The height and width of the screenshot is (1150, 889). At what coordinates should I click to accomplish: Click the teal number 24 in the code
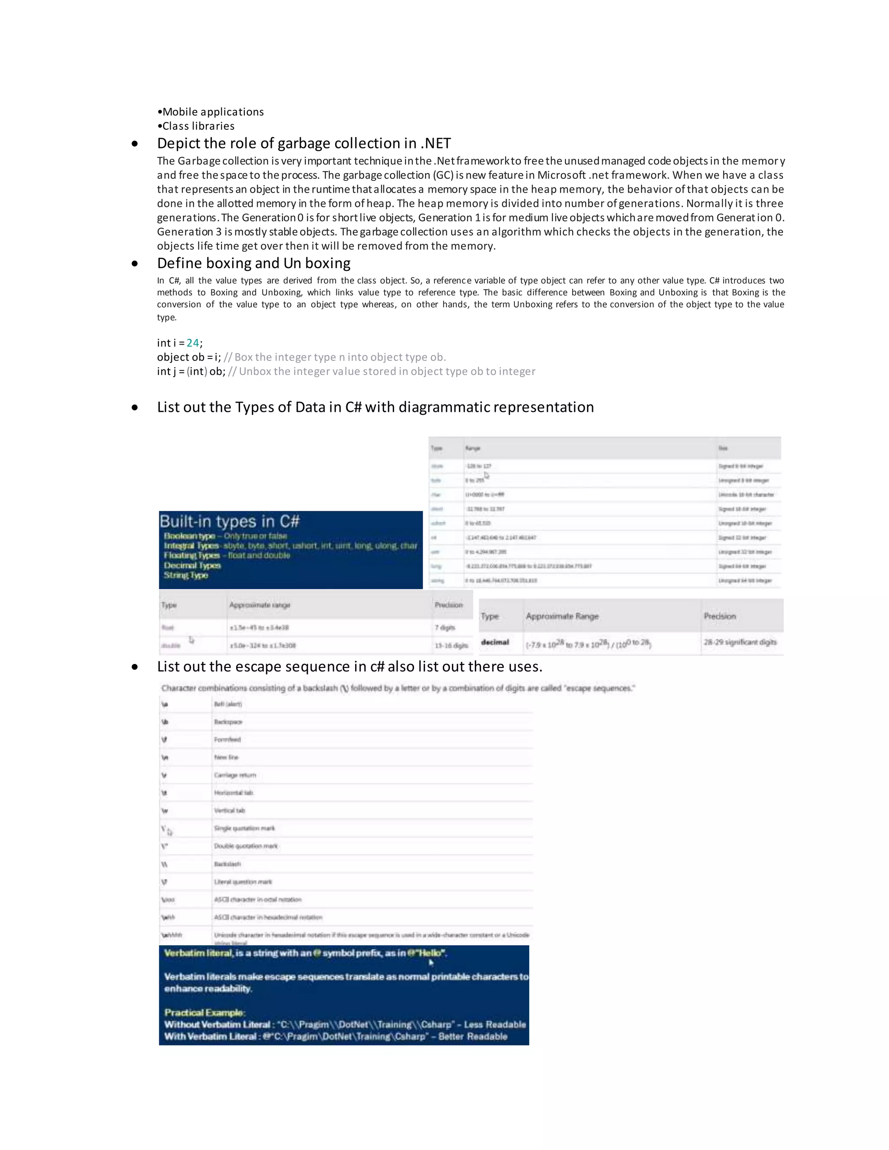pos(192,343)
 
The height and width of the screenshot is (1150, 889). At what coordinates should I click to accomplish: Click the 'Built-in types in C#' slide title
pos(230,521)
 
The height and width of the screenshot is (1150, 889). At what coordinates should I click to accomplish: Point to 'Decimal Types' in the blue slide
pos(192,565)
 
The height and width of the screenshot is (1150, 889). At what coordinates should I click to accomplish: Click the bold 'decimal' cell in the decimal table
pos(495,642)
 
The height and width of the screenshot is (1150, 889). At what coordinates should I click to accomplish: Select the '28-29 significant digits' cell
pos(740,642)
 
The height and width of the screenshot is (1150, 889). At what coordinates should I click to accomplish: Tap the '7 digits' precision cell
pos(445,628)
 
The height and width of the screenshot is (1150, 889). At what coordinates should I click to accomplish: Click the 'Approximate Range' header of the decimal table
pos(562,616)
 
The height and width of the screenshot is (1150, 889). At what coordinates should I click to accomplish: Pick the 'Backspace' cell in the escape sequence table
pos(228,722)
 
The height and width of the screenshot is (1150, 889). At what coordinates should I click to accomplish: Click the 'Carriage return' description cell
pos(235,775)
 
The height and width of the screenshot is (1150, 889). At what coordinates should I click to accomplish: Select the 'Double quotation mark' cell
pos(245,846)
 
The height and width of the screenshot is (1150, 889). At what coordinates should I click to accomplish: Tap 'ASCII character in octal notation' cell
pos(257,899)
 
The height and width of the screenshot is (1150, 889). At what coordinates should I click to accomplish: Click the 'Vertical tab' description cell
pos(230,810)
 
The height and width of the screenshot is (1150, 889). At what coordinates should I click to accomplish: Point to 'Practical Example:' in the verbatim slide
pos(204,1012)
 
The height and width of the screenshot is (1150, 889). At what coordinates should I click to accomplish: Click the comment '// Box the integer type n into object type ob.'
pos(335,358)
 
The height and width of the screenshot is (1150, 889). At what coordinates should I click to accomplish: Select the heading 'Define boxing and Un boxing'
pos(254,263)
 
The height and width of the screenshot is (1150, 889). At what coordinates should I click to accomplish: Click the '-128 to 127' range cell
pos(478,466)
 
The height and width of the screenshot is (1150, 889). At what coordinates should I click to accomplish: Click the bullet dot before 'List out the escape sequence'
pos(135,667)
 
